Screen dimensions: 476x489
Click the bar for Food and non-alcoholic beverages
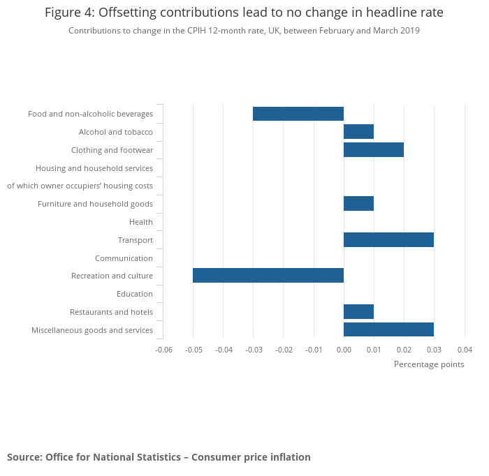coord(298,114)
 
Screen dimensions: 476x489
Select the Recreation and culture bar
coord(268,276)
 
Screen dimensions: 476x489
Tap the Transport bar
coord(388,240)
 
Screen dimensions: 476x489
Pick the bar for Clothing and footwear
coord(374,150)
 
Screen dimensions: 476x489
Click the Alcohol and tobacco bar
coord(358,132)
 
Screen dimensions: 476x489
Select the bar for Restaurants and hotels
coord(358,312)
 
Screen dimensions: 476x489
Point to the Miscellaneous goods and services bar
coord(388,329)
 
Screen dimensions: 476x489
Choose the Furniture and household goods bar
coord(358,204)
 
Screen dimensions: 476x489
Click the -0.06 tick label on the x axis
coord(163,350)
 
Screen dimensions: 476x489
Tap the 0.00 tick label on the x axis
coord(344,350)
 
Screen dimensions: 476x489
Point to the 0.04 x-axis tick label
coord(465,350)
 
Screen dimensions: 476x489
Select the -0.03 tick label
coord(254,350)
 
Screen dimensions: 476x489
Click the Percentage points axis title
coord(429,364)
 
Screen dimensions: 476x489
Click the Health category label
coord(141,222)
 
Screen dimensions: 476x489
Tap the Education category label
coord(135,294)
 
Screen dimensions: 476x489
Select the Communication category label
coord(124,258)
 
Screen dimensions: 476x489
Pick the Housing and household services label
coord(94,168)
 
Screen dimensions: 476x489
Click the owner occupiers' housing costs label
coord(80,186)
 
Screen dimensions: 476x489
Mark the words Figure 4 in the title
coord(69,13)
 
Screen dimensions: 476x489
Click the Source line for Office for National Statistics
coord(159,457)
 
